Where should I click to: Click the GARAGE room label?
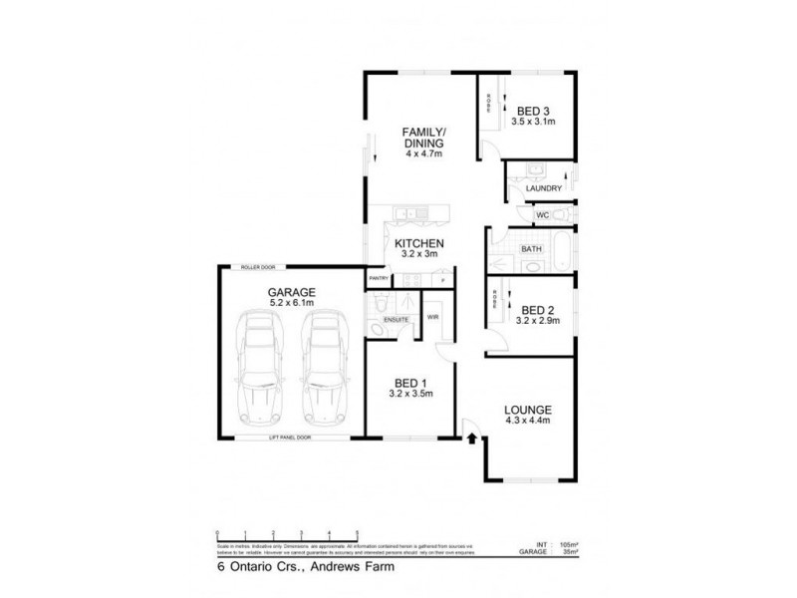click(x=291, y=292)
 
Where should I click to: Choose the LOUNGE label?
click(x=529, y=409)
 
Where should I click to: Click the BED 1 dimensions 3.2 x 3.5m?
click(x=409, y=395)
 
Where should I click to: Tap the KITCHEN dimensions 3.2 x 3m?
click(x=418, y=254)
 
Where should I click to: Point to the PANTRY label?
click(x=379, y=278)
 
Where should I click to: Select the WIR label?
click(x=432, y=317)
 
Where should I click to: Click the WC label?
click(x=543, y=214)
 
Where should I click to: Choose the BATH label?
click(x=532, y=248)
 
